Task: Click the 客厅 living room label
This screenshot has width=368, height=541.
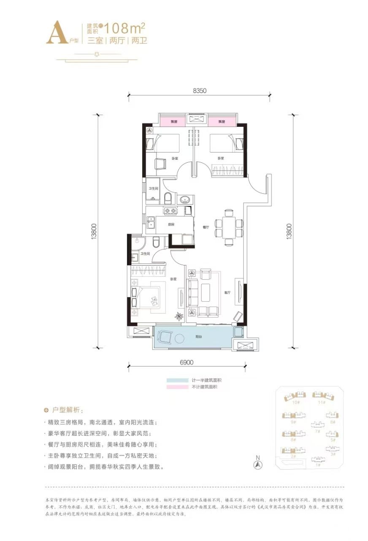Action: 227,292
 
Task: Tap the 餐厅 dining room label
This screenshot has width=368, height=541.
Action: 206,227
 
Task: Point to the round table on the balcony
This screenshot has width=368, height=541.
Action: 179,339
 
